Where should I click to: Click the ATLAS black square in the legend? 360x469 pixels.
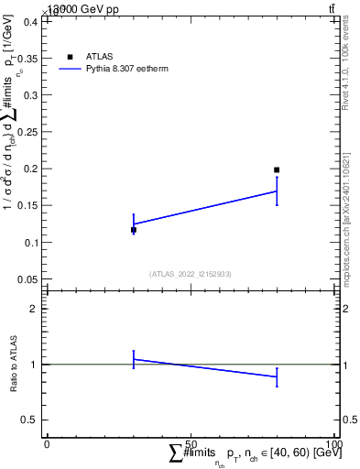[x=70, y=57]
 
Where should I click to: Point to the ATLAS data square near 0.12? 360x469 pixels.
[x=134, y=230]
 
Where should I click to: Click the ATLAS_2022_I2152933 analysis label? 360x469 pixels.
[x=191, y=274]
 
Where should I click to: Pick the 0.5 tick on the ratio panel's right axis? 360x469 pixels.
[x=348, y=420]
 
